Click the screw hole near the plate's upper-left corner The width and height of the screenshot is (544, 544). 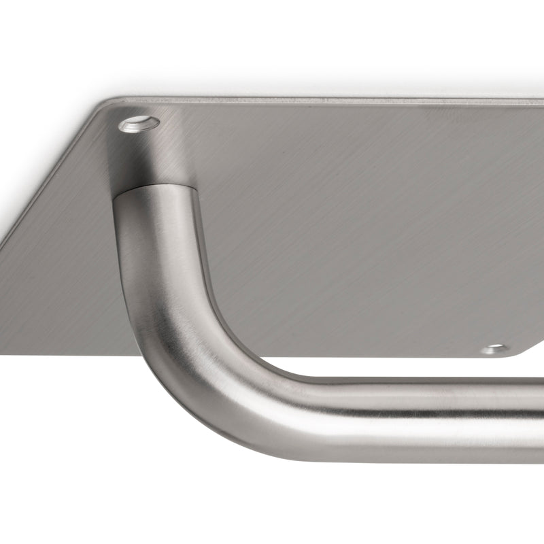(x=139, y=124)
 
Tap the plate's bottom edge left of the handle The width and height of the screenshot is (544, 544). (x=68, y=354)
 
